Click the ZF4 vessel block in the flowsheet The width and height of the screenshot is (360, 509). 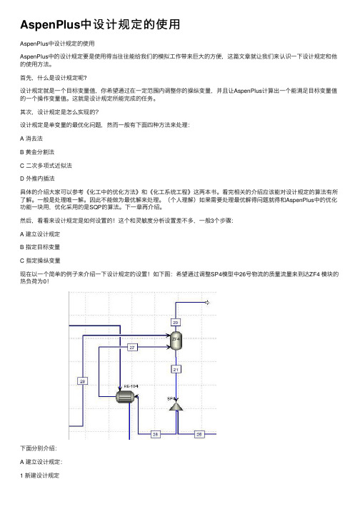coord(176,341)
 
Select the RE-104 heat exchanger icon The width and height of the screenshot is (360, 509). coord(125,397)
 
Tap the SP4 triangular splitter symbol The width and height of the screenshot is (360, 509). coord(176,406)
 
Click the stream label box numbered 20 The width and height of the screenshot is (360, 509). coord(176,323)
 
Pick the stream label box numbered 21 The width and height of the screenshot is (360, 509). coord(176,369)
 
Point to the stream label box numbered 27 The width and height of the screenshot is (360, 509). coord(132,348)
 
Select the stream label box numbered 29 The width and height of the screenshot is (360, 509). coord(83,381)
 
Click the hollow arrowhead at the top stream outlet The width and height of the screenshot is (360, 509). coord(206,303)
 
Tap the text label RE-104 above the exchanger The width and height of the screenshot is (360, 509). coord(131,386)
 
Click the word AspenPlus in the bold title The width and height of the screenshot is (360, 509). coord(50,25)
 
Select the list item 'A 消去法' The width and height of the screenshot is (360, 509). coord(31,138)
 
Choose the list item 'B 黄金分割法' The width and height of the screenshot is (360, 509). coord(37,152)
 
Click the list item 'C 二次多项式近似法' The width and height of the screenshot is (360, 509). coord(46,166)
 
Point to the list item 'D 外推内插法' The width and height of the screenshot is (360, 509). coord(37,178)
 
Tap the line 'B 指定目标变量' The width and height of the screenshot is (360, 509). coord(40,247)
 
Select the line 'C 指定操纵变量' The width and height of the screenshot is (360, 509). coord(40,261)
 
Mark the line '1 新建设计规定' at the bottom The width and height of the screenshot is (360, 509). coord(39,475)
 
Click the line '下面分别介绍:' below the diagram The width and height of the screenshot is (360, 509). coord(39,448)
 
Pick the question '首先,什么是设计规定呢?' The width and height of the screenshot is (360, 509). coord(54,78)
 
